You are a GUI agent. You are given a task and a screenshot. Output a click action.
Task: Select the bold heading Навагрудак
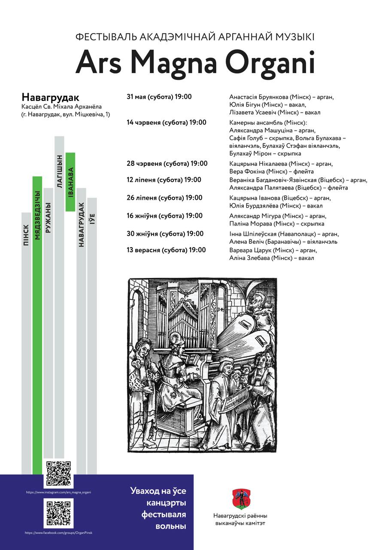pos(50,97)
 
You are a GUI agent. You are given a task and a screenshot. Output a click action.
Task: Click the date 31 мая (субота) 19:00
pos(159,97)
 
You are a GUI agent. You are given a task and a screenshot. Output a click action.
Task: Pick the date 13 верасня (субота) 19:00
pos(166,250)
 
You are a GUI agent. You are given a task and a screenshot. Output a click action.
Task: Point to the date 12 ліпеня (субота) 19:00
pos(164,180)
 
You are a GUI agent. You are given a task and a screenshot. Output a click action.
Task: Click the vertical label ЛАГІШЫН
pos(59,171)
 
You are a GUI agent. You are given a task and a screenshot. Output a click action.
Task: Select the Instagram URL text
pos(58,492)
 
